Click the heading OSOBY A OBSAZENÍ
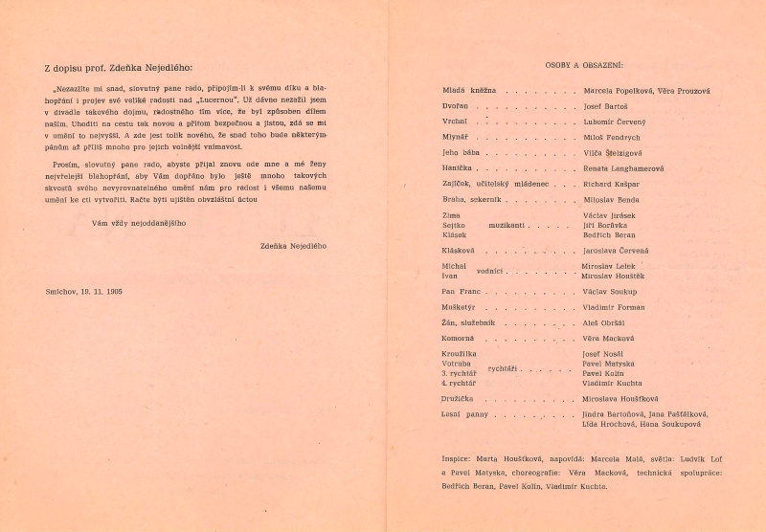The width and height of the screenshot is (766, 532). (584, 65)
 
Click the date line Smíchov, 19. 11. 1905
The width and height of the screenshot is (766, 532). (83, 289)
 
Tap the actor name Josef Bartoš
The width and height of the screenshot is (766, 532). (607, 106)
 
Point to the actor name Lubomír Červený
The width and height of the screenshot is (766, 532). (616, 122)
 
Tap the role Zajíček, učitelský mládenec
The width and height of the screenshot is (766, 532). (489, 185)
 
